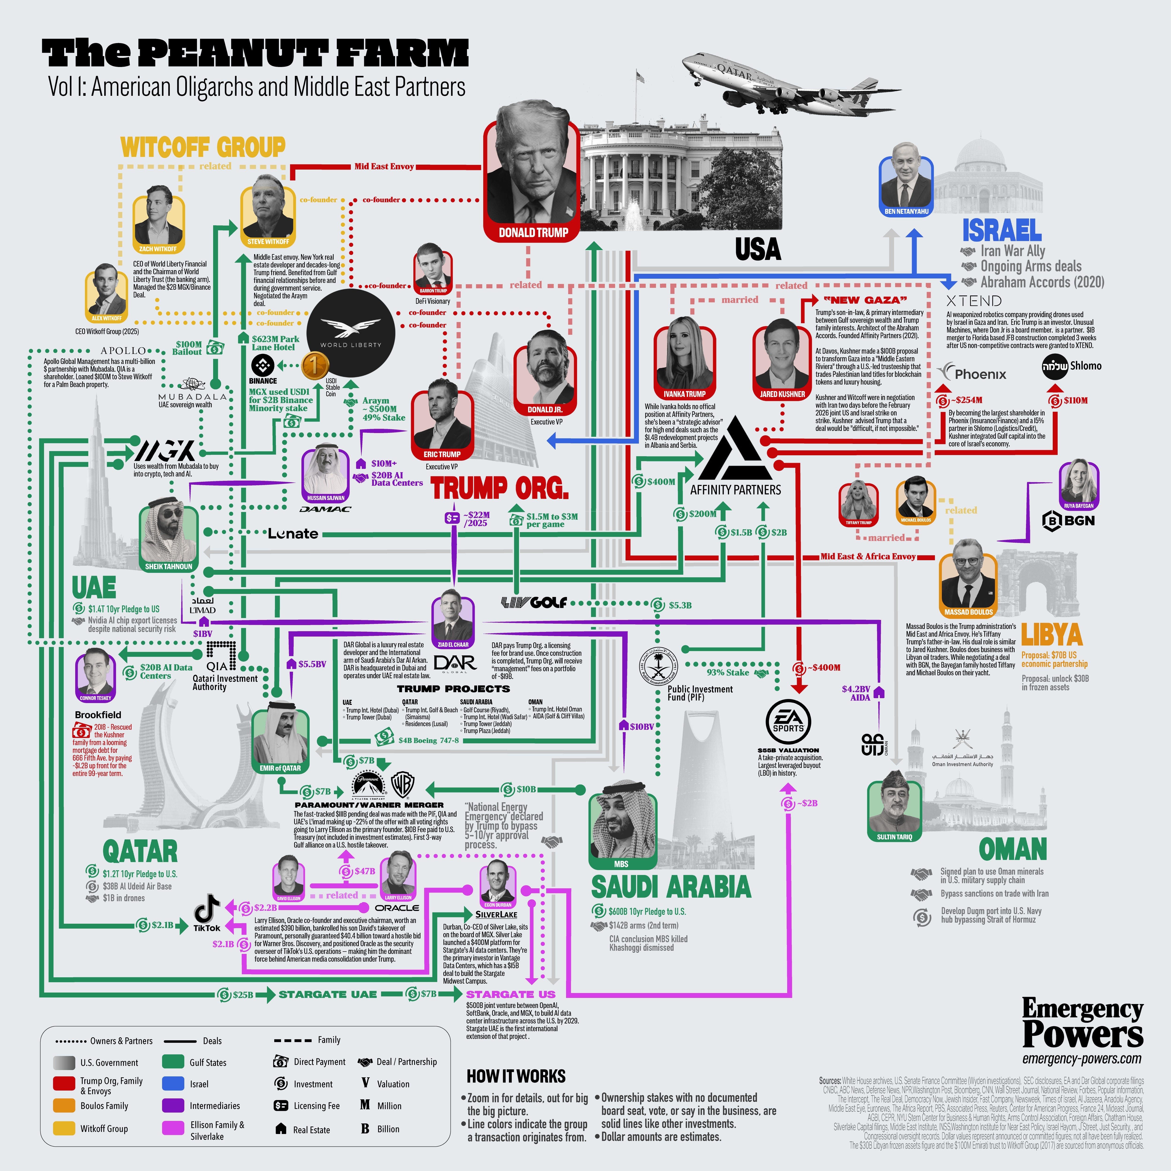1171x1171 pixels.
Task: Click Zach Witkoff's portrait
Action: [x=158, y=219]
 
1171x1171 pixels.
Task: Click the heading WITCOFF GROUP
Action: [x=203, y=147]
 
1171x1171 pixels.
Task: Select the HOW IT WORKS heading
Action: [x=516, y=1076]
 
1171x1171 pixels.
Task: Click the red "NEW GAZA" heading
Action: [x=865, y=300]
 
